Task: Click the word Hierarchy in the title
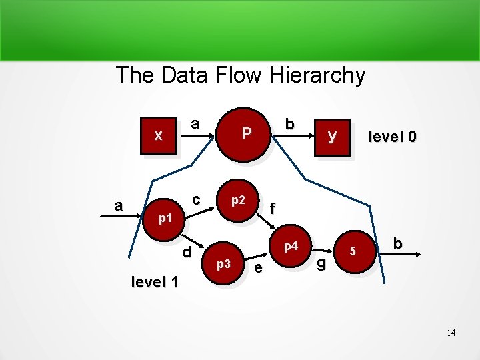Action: point(317,75)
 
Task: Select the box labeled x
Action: point(159,136)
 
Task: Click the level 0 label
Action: point(393,137)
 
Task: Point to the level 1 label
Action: point(155,282)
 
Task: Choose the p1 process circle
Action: point(165,218)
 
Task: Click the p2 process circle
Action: point(238,199)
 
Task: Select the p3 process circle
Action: point(223,265)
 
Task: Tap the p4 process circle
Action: point(290,247)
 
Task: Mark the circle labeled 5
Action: point(354,251)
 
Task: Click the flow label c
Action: point(196,199)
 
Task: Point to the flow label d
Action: point(187,251)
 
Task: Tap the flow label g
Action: point(321,263)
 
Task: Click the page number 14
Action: point(451,333)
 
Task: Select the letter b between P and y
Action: point(289,124)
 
